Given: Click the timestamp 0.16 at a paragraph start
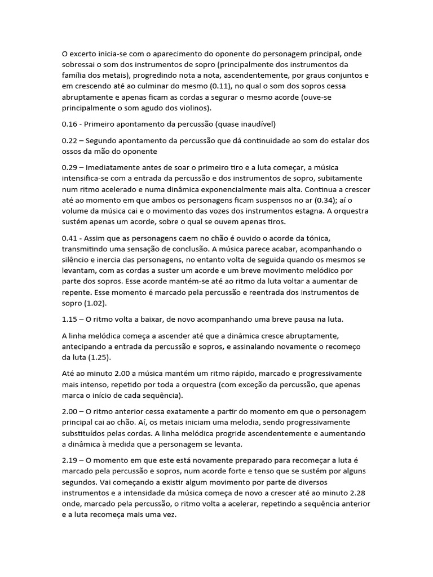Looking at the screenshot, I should point(69,124).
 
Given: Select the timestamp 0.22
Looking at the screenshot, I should point(69,140).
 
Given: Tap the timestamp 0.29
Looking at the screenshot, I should point(69,168).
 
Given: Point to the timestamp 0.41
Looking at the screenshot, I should point(69,238).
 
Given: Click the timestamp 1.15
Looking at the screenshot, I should point(69,319).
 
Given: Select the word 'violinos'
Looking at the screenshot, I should point(190,108).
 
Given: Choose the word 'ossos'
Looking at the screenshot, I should point(73,151).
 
